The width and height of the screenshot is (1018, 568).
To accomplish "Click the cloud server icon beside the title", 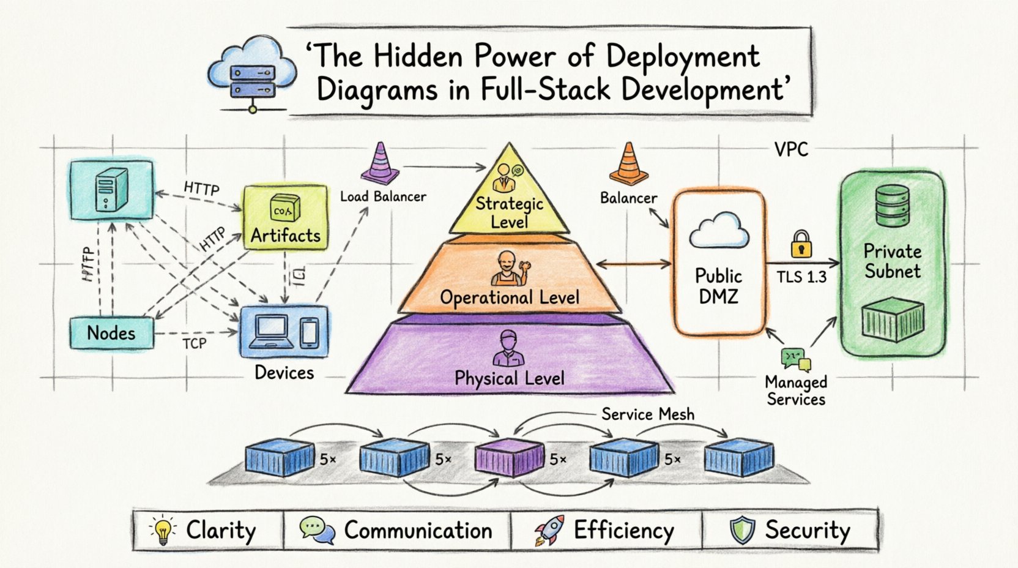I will (251, 73).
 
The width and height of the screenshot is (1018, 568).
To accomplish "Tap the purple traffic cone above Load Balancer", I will (380, 164).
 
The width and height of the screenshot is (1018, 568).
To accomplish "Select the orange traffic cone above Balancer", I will (628, 164).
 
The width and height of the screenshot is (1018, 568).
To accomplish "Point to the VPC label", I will (790, 149).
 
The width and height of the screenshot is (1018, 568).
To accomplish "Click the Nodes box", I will (111, 333).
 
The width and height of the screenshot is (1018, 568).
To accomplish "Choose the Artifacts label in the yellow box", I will (285, 236).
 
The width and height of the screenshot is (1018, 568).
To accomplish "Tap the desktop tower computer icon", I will (111, 189).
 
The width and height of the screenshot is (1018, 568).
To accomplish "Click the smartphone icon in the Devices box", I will (309, 333).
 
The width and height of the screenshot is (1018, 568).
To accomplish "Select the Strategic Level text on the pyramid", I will (509, 212).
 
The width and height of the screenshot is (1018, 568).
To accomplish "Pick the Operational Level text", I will (509, 298).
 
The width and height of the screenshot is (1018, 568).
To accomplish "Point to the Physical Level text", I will (509, 378).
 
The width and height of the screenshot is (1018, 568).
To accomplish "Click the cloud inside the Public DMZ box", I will (719, 231).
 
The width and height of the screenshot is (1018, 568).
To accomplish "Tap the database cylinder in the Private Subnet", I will (893, 205).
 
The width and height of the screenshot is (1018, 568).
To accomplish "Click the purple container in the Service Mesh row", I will (509, 457).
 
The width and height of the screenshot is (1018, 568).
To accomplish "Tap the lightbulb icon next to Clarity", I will (163, 531).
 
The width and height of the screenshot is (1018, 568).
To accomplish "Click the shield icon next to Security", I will (742, 531).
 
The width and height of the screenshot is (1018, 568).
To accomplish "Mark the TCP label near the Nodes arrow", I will (195, 344).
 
